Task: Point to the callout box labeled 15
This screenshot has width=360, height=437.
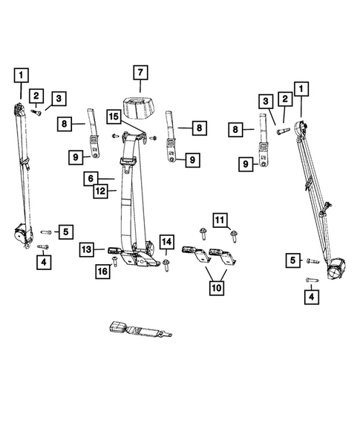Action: coord(113,116)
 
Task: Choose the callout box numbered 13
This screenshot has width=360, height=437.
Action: coord(88,249)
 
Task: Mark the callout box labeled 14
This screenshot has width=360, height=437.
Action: coord(166,242)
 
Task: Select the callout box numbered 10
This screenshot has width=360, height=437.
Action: coord(216,286)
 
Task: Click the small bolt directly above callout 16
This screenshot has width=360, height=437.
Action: coord(114,260)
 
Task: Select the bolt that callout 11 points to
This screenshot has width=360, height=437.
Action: coord(234,237)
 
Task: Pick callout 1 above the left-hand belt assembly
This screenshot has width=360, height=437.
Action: coord(22,74)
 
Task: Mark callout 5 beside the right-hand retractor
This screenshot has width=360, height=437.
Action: coord(293,260)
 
